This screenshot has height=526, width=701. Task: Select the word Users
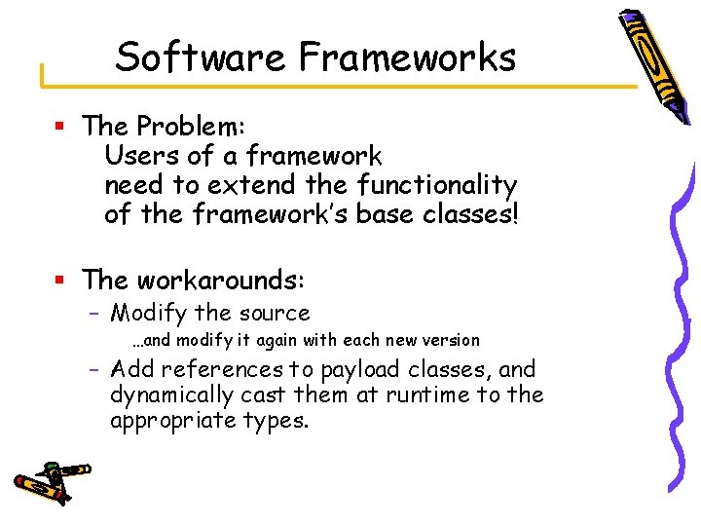[x=135, y=156]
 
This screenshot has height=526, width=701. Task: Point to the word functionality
[x=437, y=185]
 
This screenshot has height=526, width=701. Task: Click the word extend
[x=252, y=185]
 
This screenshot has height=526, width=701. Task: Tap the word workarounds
[x=221, y=281]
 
